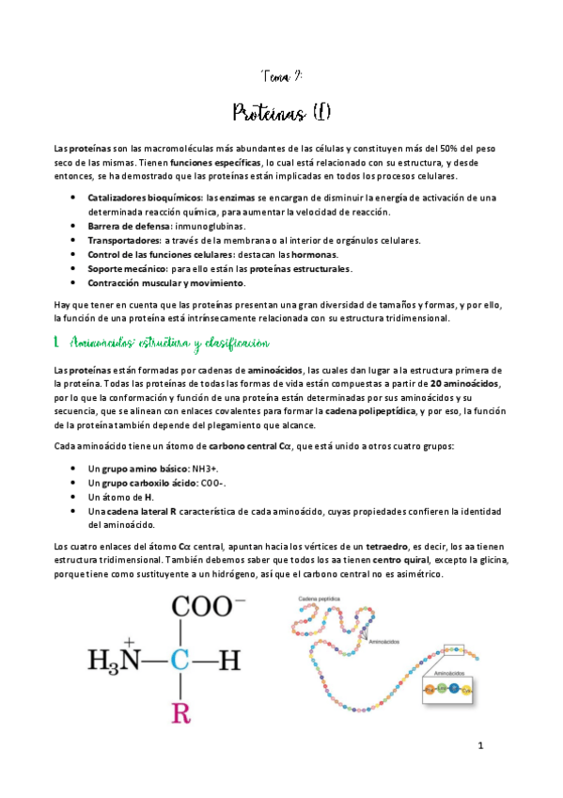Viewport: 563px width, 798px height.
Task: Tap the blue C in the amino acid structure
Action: pos(179,662)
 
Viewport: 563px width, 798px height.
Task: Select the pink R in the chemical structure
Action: pos(179,712)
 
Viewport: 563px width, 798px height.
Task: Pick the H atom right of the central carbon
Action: pos(232,662)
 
